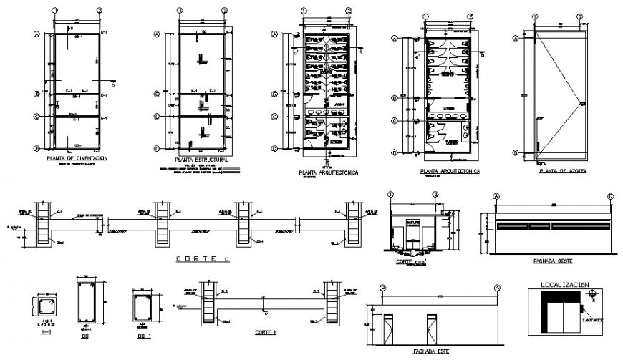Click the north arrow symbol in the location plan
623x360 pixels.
594,293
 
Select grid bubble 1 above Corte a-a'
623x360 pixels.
391,194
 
